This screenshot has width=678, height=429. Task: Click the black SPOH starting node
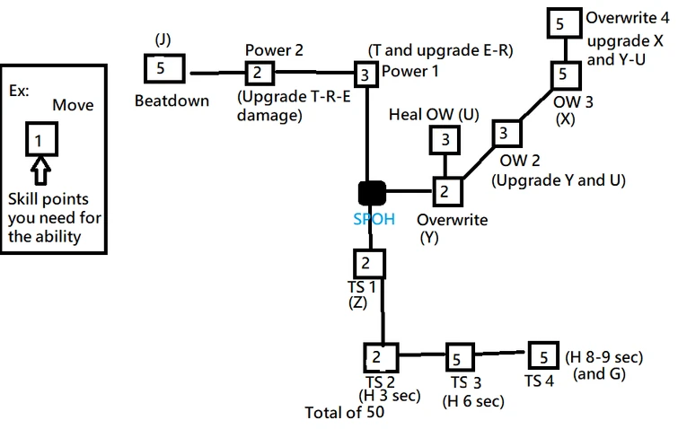pos(372,191)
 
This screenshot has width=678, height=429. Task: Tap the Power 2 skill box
pos(256,72)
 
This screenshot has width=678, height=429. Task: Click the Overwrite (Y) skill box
pos(445,191)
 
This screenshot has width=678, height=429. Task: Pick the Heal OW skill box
pos(445,140)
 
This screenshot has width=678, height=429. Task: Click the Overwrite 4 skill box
pos(560,23)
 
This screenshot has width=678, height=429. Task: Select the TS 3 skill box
pos(459,359)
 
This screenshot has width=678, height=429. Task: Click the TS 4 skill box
pos(542,355)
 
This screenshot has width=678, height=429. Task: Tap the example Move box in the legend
pos(39,139)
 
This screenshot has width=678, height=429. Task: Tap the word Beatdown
pos(172,101)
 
